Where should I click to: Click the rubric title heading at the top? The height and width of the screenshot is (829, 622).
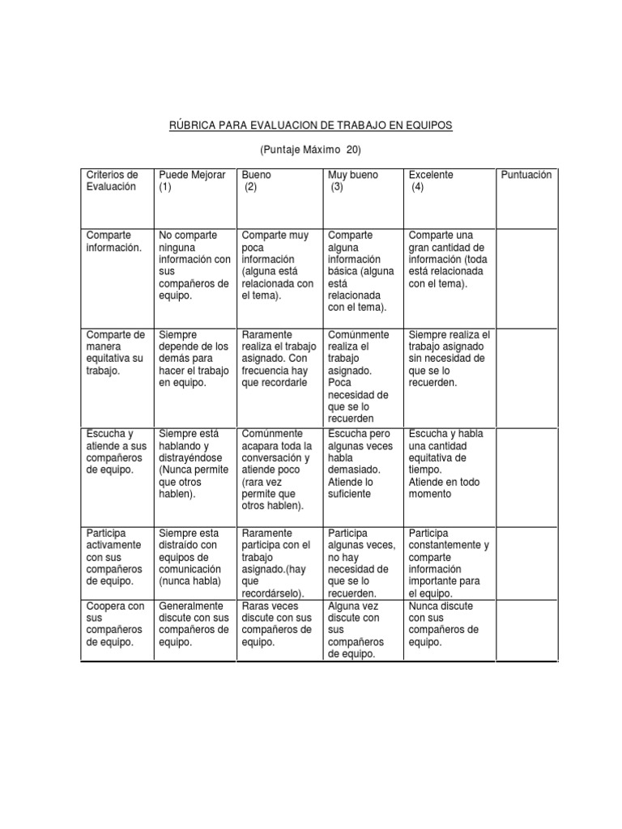coord(311,125)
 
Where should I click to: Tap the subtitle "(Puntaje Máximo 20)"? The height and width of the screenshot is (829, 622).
coord(311,151)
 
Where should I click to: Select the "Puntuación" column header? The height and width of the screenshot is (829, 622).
coord(526,175)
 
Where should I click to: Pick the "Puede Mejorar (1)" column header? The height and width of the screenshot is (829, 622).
coord(192,181)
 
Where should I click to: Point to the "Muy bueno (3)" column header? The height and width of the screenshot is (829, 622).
coord(353,181)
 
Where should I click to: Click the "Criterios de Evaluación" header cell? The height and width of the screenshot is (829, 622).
coord(113,181)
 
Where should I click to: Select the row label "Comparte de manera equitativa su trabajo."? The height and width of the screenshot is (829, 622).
coord(115,353)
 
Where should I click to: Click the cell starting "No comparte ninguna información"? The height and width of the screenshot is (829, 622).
coord(194,266)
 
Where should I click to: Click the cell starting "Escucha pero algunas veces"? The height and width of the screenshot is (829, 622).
coord(360,463)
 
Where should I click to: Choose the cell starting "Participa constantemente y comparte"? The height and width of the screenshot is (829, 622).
coord(448,563)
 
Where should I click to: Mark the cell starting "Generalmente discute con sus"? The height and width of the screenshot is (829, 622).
coord(194,624)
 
